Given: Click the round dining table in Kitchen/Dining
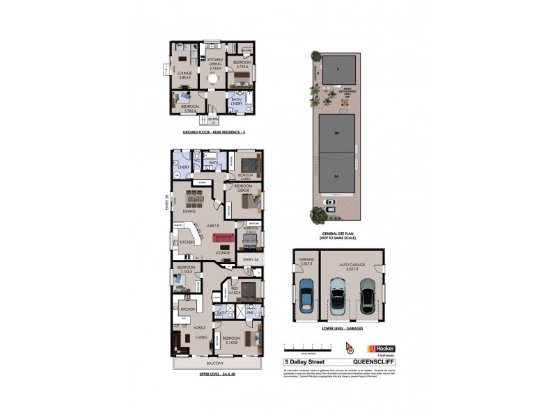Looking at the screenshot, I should (x=215, y=79).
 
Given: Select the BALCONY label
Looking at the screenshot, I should (x=214, y=363).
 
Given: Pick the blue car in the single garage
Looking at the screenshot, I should (x=306, y=297).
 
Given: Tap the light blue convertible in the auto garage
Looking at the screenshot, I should (x=337, y=296).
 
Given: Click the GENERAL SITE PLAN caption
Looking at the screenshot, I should (x=337, y=234).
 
